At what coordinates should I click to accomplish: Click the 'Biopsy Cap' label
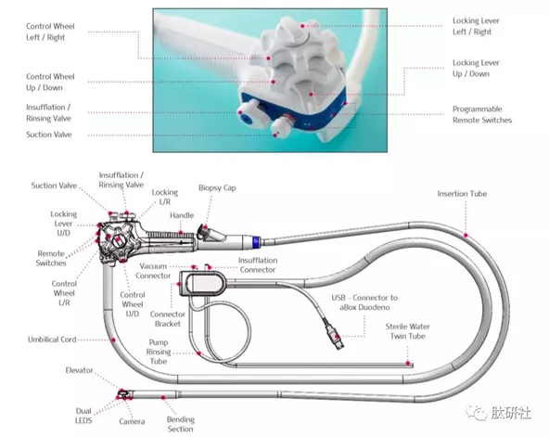point(217,188)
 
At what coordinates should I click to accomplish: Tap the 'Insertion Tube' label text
point(462,194)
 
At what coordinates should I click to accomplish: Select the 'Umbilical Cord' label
point(52,340)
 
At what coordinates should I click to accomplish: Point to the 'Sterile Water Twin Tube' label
point(407,331)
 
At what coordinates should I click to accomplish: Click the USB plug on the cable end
point(336,337)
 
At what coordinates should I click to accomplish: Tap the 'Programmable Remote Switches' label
point(482,114)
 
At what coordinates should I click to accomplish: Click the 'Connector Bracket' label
point(167,319)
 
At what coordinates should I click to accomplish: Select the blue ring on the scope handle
point(256,242)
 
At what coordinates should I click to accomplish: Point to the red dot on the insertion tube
point(466,236)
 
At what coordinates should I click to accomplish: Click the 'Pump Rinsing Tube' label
point(159,352)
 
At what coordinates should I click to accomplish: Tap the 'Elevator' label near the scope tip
point(79,370)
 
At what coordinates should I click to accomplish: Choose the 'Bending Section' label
point(180,424)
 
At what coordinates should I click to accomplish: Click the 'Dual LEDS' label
point(83,416)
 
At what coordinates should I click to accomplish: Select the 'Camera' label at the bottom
point(132,421)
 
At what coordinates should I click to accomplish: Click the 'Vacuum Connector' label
point(153,271)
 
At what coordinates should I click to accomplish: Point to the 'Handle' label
point(182,215)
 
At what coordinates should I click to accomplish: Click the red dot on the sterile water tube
point(408,363)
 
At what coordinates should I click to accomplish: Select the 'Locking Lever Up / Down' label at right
point(476,69)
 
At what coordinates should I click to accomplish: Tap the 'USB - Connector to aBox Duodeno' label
point(364,302)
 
